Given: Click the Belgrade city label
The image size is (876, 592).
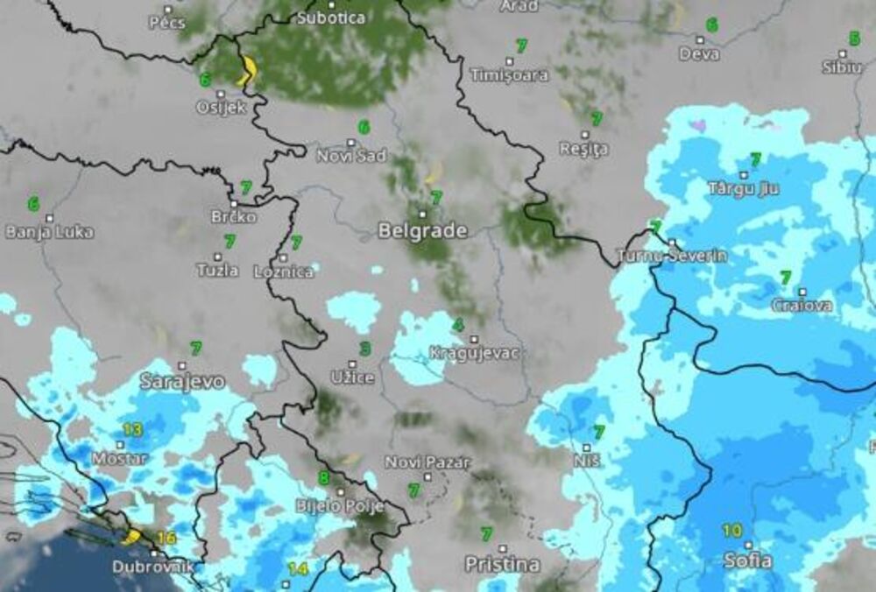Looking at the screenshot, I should pos(422,231).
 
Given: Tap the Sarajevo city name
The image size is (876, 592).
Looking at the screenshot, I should pos(182,382).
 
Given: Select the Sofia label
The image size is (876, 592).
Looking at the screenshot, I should pos(747,560).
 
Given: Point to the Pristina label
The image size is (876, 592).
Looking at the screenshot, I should pos(502,565).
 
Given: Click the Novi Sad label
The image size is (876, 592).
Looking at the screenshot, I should pos(351,156).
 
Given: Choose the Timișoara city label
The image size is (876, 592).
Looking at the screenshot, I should pos(509,75).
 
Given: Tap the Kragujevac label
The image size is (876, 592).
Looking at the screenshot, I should pos(474,353).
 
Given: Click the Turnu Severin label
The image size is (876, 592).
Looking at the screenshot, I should pos(672,257).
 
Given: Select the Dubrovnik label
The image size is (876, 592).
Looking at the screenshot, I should pos(152,567).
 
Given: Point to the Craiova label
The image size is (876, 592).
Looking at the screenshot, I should pos(802,306).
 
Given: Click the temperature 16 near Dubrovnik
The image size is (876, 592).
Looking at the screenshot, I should pos(166,538).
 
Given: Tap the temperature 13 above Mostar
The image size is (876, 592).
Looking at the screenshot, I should pos(132,429).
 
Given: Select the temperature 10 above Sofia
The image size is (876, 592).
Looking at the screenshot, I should pos(732,531).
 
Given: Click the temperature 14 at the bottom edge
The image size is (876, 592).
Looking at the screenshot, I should pos(298,569).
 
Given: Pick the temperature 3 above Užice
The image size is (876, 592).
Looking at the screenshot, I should pos(364,349).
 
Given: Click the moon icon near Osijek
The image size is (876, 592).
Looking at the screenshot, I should pos(248,70).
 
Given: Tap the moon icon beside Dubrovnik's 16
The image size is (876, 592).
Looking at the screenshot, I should pos(133,536).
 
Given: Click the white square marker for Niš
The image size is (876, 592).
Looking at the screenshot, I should pos(586,448).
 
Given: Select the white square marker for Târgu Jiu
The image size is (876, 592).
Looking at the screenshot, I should pos(743,175).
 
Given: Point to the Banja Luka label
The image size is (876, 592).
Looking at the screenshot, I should pos(49,233).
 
